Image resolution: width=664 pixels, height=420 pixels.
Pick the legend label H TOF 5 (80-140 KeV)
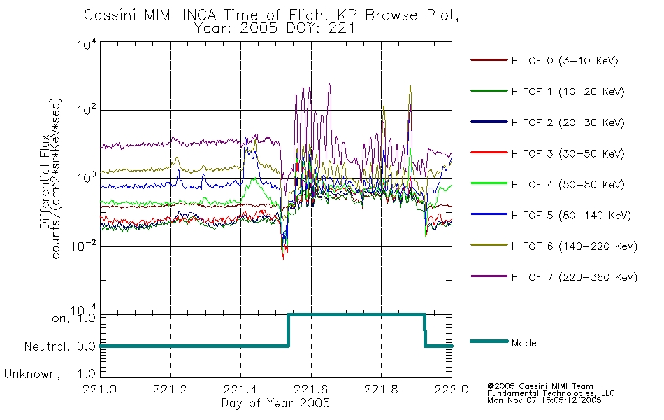571,216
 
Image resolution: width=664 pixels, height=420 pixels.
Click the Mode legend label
524,343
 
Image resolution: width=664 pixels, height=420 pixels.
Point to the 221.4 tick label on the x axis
240,389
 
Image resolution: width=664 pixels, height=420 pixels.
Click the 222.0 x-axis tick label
452,389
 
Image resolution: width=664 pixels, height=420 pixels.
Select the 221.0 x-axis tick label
100,389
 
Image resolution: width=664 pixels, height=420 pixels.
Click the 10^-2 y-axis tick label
83,246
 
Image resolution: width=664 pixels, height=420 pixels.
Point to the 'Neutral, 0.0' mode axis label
59,346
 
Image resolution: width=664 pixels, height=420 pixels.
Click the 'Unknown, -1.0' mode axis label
50,374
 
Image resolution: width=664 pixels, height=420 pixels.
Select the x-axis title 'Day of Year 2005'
275,403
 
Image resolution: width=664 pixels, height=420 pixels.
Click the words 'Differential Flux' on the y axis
45,181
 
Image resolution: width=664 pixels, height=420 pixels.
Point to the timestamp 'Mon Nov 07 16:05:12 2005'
544,400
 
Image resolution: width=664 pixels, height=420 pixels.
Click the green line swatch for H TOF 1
489,91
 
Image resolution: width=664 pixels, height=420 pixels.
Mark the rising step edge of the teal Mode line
289,330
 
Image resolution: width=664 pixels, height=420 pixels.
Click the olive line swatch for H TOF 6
489,246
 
